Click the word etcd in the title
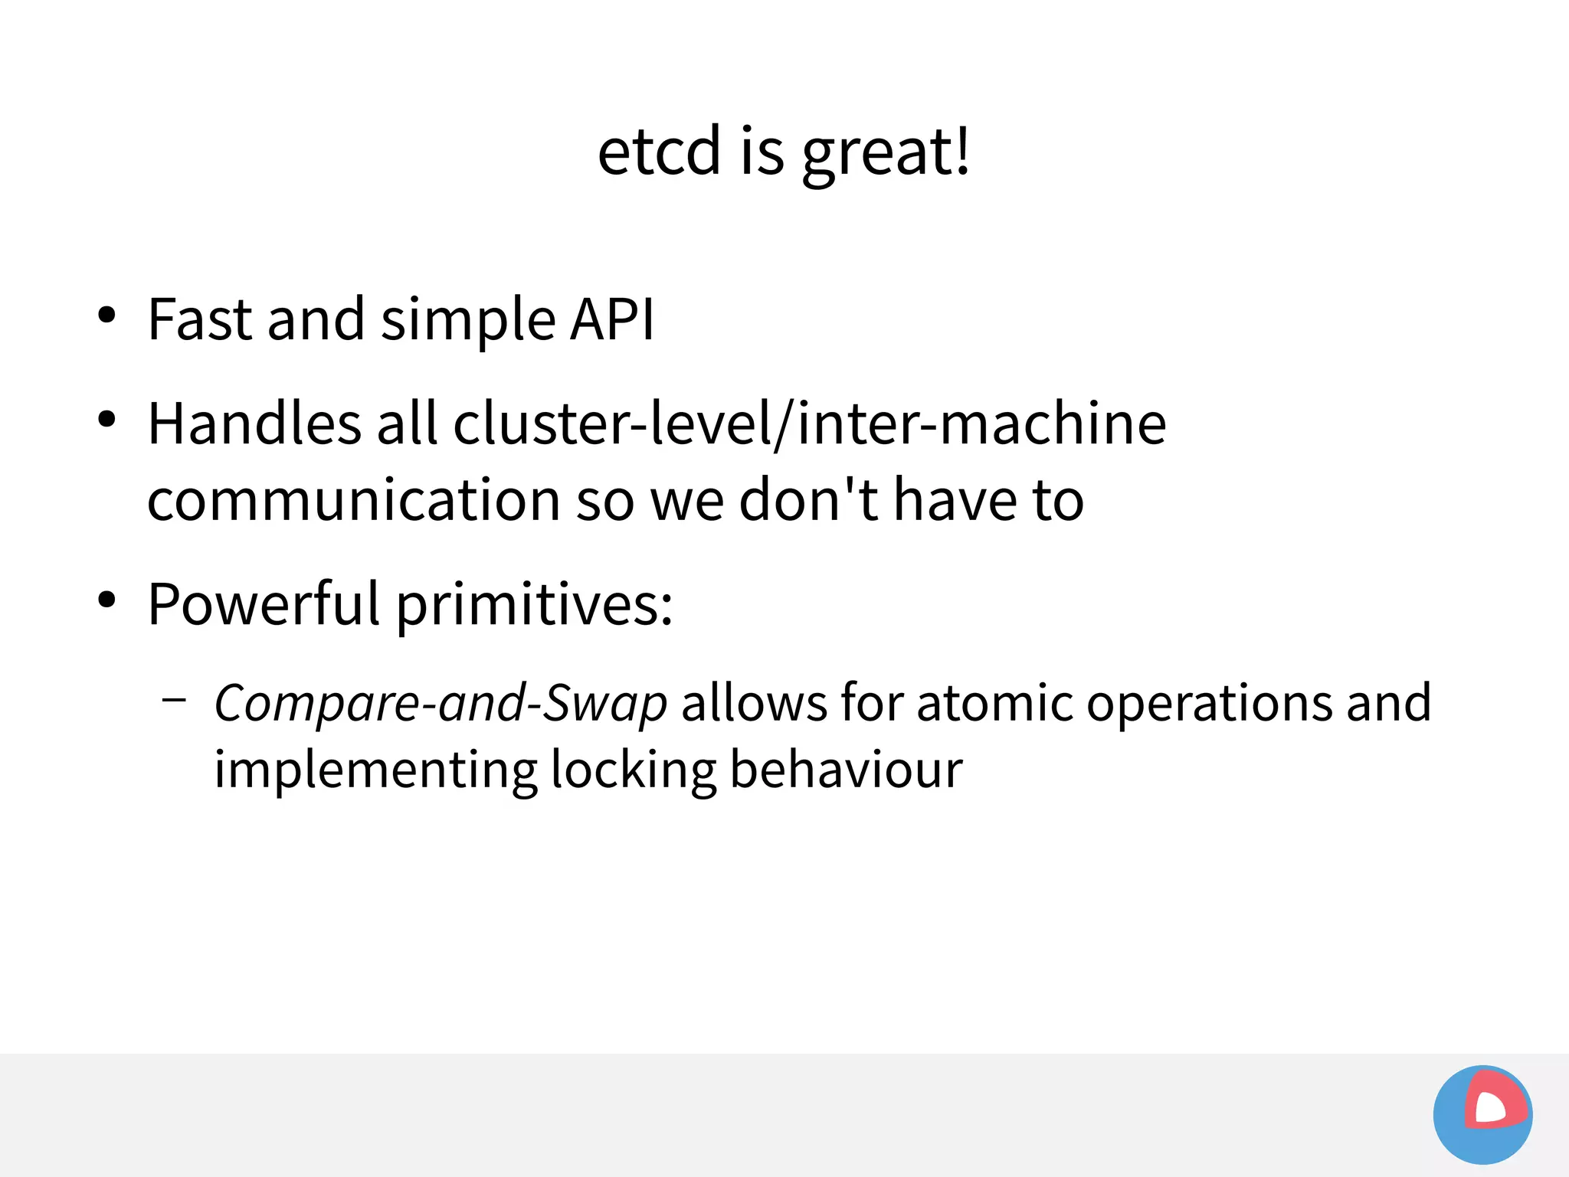tap(659, 151)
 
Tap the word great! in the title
tap(886, 152)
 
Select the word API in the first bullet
tap(612, 319)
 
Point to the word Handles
tap(254, 423)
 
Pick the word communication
tap(353, 500)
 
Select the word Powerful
tap(264, 604)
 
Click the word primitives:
tap(534, 604)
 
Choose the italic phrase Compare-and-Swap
tap(441, 703)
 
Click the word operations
tap(1210, 703)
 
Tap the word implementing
tap(375, 770)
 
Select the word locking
tap(633, 770)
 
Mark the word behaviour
tap(846, 770)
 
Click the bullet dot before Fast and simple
tap(106, 315)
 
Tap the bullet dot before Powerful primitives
tap(106, 600)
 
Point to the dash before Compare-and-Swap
tap(175, 698)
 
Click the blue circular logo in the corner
tap(1482, 1114)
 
